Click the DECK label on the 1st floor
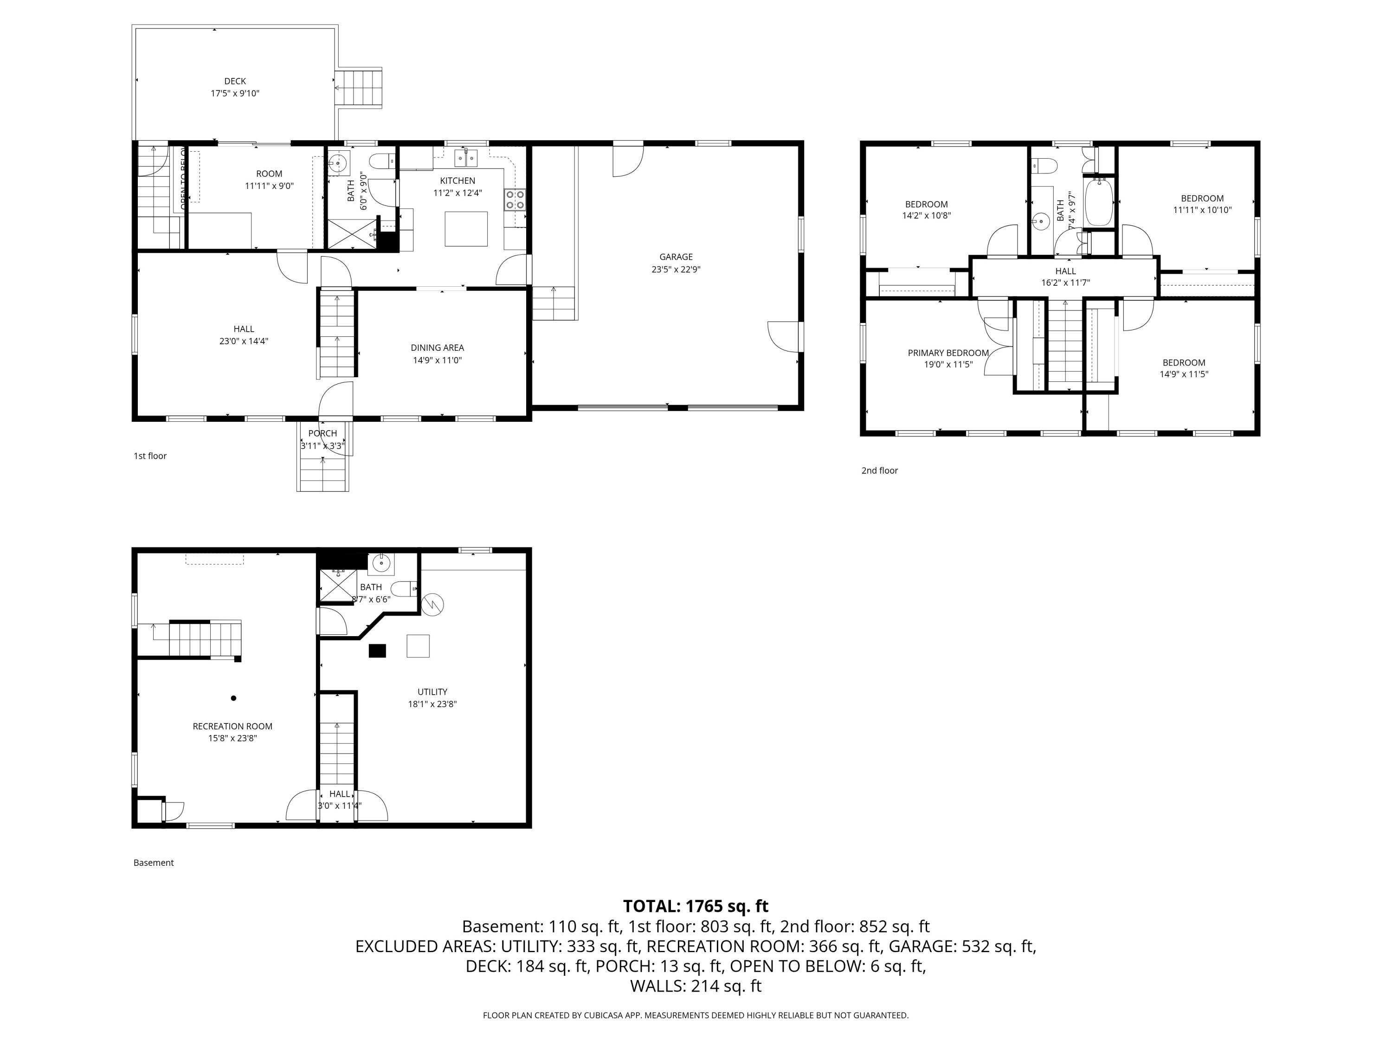pyautogui.click(x=235, y=81)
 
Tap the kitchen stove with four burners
pyautogui.click(x=515, y=200)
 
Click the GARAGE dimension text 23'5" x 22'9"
pyautogui.click(x=676, y=269)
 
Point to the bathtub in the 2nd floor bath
pyautogui.click(x=1099, y=201)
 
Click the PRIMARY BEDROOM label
pyautogui.click(x=947, y=353)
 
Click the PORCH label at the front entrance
pyautogui.click(x=322, y=433)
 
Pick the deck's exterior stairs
pyautogui.click(x=359, y=88)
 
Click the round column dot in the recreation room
pyautogui.click(x=233, y=698)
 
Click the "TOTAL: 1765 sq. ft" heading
pyautogui.click(x=696, y=906)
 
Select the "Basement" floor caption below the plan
pyautogui.click(x=153, y=863)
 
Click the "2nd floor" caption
pyautogui.click(x=879, y=470)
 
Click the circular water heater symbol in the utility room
pyautogui.click(x=433, y=605)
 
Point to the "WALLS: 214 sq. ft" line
pyautogui.click(x=696, y=986)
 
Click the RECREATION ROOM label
pyautogui.click(x=232, y=726)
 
